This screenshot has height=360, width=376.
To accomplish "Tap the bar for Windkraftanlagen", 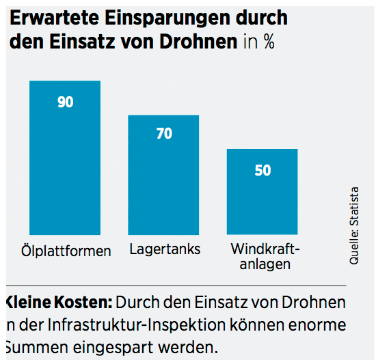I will (263, 198).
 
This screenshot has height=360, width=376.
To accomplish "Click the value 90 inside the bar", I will (66, 103).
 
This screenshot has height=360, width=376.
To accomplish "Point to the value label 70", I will (164, 134).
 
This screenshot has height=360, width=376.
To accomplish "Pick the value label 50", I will (263, 171).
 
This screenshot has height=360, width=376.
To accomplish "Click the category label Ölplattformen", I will (66, 251).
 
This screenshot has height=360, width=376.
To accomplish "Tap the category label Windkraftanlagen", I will (265, 255).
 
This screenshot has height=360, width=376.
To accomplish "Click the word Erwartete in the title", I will (50, 18).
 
